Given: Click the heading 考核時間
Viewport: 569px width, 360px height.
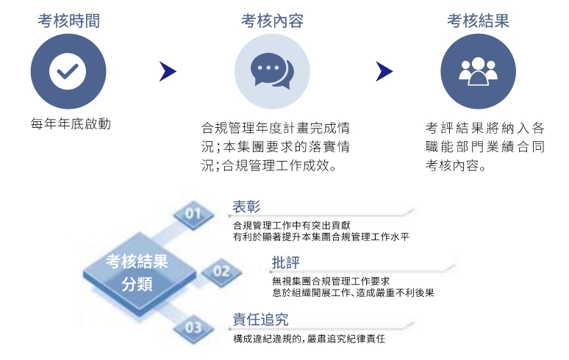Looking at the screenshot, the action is pos(68,21).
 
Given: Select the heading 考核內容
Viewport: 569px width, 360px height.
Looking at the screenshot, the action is pos(272,21).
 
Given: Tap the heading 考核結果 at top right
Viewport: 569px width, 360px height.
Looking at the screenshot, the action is pos(478,21).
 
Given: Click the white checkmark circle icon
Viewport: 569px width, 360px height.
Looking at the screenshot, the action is pos(68,71).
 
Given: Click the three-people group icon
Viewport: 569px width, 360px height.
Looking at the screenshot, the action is pos(478,71).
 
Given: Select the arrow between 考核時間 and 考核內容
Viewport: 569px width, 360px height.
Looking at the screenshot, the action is pos(168,71).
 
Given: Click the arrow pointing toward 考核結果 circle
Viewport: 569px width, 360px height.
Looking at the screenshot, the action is pos(384,71).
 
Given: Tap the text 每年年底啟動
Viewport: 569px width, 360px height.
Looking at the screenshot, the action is pos(71,124).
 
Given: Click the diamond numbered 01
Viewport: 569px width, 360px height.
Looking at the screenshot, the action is pos(193,214).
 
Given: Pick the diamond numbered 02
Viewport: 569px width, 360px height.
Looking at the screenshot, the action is pos(221,272).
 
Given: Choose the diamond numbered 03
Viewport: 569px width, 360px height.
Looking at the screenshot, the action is pos(193,328).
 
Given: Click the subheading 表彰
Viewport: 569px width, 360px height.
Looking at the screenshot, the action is pos(246,206).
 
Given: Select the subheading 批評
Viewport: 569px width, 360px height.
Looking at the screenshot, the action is pos(286,262).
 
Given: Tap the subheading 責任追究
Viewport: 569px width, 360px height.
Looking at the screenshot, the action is pos(260,320).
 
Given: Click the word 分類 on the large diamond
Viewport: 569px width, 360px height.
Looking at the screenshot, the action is pos(137,284).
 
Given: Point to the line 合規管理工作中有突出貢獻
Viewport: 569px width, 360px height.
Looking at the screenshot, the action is pos(291,226).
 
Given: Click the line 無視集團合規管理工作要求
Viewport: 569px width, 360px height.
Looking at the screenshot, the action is pos(331,281).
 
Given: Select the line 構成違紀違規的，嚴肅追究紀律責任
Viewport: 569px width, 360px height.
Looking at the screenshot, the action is pos(309,339).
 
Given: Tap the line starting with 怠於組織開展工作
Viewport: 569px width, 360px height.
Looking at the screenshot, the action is pos(353,292).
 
